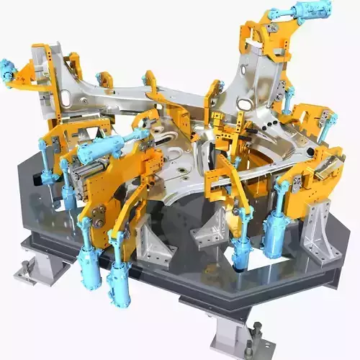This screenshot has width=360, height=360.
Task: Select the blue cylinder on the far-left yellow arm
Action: [8, 72]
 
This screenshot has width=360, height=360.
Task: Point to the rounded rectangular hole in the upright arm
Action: [246, 105]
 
